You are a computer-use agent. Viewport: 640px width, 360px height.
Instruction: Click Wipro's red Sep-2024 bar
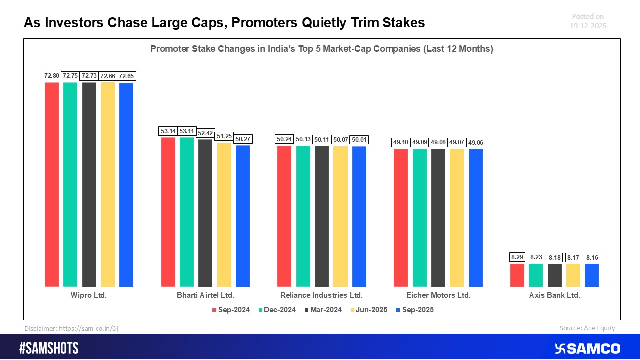52,184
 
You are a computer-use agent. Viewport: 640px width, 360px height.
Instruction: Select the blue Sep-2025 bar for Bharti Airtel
243,216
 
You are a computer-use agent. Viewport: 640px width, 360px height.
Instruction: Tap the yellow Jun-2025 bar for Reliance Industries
340,216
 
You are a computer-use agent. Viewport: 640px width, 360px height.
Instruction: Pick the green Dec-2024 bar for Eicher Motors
420,218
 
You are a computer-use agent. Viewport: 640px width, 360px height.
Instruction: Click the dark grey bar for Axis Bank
555,275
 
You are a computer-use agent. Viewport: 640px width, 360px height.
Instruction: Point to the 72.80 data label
52,76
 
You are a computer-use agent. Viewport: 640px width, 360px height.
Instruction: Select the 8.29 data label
517,257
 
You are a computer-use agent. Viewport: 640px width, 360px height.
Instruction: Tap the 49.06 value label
476,142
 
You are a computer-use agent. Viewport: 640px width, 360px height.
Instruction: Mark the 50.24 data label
284,139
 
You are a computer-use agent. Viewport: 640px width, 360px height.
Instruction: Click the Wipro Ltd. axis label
89,295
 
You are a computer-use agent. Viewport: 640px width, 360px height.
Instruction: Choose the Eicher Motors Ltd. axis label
438,295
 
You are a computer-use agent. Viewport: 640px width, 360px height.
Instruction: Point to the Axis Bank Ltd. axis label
555,295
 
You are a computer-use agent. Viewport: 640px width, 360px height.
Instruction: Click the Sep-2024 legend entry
230,310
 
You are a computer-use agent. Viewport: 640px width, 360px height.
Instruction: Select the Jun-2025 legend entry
369,310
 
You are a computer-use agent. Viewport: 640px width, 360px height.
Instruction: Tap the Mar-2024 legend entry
322,310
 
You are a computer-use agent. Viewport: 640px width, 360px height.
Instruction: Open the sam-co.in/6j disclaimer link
88,329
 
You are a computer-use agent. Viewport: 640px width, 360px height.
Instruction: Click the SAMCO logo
587,348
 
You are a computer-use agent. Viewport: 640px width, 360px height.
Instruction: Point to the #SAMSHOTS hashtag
49,348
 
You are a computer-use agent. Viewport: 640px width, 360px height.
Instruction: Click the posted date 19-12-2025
588,26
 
